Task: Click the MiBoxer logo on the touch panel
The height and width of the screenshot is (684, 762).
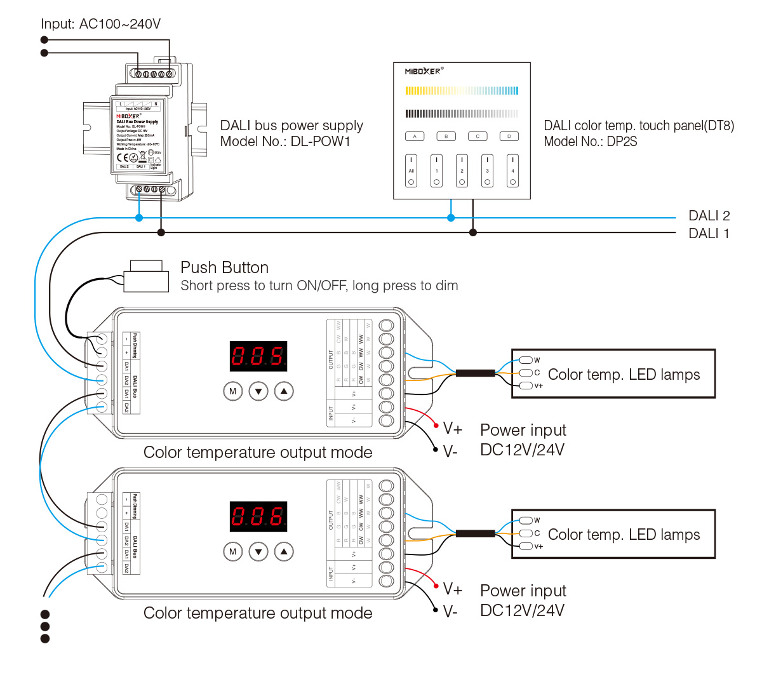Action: point(424,72)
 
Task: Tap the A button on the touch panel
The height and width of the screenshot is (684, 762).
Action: point(415,137)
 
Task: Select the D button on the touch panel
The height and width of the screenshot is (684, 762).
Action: point(509,137)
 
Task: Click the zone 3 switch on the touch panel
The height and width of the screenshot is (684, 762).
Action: point(487,171)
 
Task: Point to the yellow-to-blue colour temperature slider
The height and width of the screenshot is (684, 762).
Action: point(462,91)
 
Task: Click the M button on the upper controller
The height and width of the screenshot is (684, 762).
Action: point(233,391)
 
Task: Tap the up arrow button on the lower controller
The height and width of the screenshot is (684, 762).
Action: point(284,552)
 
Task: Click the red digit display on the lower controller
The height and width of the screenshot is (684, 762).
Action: point(258,516)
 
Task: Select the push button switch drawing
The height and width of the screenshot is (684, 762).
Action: point(147,276)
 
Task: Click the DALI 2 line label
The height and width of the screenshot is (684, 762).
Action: point(709,216)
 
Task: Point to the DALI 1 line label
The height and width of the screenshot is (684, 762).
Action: point(709,234)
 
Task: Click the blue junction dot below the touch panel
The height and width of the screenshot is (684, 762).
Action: point(451,218)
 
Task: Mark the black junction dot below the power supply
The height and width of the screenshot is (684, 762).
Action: point(161,232)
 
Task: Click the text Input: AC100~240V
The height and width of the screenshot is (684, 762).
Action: point(101,24)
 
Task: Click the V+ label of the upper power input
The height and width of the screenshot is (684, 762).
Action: point(453,429)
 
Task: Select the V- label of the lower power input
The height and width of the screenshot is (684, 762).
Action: point(450,612)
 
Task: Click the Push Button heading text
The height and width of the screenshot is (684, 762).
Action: point(224,267)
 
